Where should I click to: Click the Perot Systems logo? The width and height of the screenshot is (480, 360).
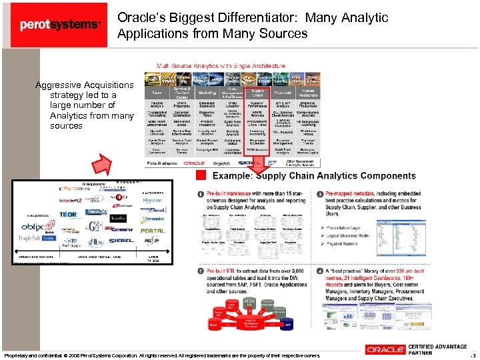point(59,25)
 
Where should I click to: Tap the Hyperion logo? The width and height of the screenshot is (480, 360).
point(152,200)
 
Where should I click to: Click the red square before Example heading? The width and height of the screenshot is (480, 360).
point(201,176)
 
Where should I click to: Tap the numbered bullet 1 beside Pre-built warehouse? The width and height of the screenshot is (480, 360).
point(201,193)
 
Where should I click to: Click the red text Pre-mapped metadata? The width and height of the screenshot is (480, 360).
point(353,193)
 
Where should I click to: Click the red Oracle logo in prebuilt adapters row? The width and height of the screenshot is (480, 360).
point(195,163)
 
